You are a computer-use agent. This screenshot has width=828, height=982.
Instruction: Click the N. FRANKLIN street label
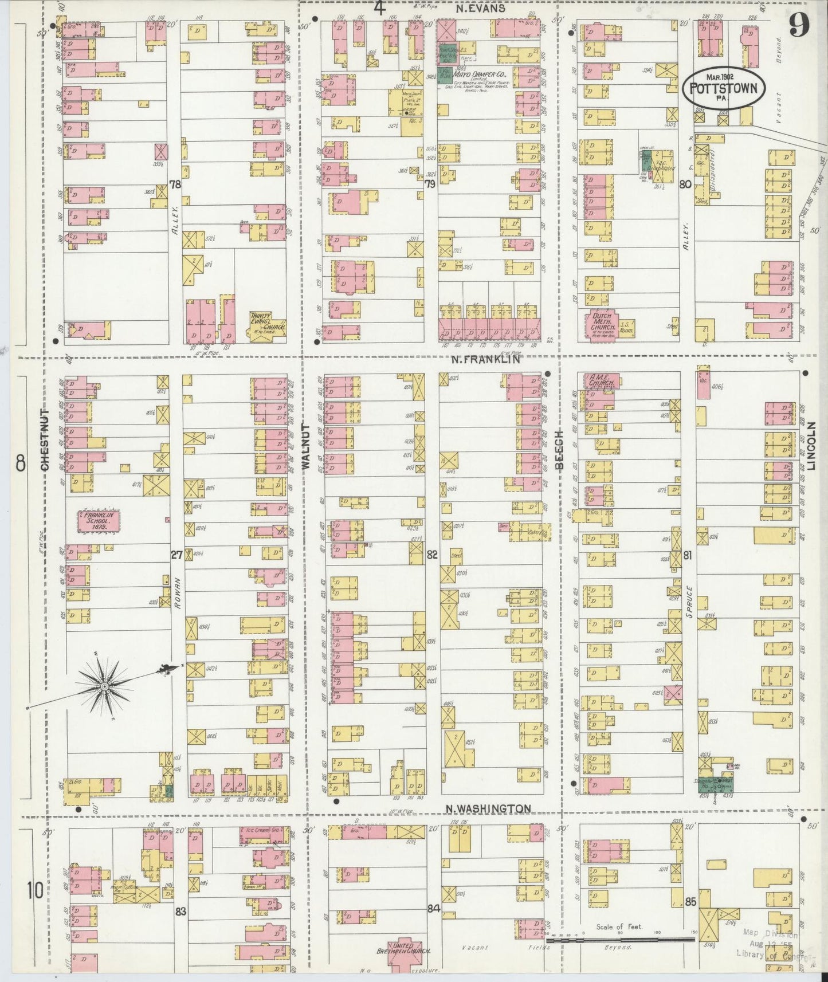tap(485, 360)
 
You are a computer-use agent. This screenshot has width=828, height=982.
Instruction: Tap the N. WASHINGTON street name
tap(488, 808)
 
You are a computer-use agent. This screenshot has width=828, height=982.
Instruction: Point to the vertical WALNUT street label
tap(305, 449)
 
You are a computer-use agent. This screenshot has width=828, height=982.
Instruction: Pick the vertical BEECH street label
tap(560, 450)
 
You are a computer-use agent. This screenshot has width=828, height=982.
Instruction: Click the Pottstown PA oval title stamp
tap(724, 88)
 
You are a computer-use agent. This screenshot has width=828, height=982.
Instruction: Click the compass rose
tap(106, 686)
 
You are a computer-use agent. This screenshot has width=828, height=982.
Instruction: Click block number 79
tap(430, 184)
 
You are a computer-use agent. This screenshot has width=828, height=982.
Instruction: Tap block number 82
tap(432, 554)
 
